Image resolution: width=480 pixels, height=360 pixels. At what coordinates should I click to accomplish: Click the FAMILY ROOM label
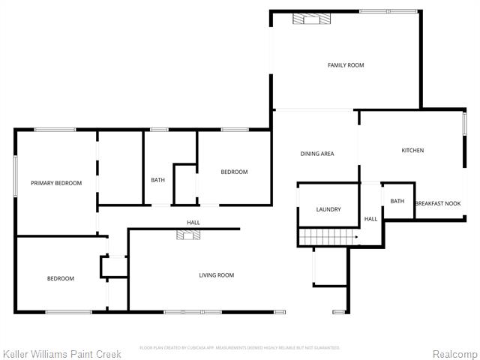point(345,65)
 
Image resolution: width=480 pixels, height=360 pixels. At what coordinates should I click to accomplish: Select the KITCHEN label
point(412,151)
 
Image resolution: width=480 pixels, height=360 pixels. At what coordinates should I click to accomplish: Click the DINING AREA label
point(316,154)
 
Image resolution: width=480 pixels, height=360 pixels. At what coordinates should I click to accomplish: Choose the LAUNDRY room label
point(328,210)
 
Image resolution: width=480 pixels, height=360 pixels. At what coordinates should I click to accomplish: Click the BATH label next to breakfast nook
point(397,201)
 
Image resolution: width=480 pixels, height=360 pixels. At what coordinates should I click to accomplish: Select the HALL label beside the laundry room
point(370,219)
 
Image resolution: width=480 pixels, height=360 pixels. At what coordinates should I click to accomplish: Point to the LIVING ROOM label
point(216,275)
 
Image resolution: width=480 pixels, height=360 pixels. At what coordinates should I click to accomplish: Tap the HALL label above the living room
point(193,222)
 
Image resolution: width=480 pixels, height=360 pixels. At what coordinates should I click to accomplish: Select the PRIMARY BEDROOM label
point(56,183)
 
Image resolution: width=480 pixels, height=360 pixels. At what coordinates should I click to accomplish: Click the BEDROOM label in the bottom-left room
point(61,279)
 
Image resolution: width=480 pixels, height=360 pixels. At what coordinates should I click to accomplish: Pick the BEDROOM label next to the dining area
point(234,172)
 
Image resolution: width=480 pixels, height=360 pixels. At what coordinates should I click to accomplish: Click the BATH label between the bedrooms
point(157,180)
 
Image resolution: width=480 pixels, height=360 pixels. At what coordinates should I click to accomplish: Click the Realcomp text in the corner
point(455,352)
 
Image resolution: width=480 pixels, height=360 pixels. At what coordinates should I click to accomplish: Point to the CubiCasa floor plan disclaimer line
point(240,348)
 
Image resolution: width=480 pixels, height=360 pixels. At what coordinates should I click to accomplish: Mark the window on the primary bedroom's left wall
point(16,177)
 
